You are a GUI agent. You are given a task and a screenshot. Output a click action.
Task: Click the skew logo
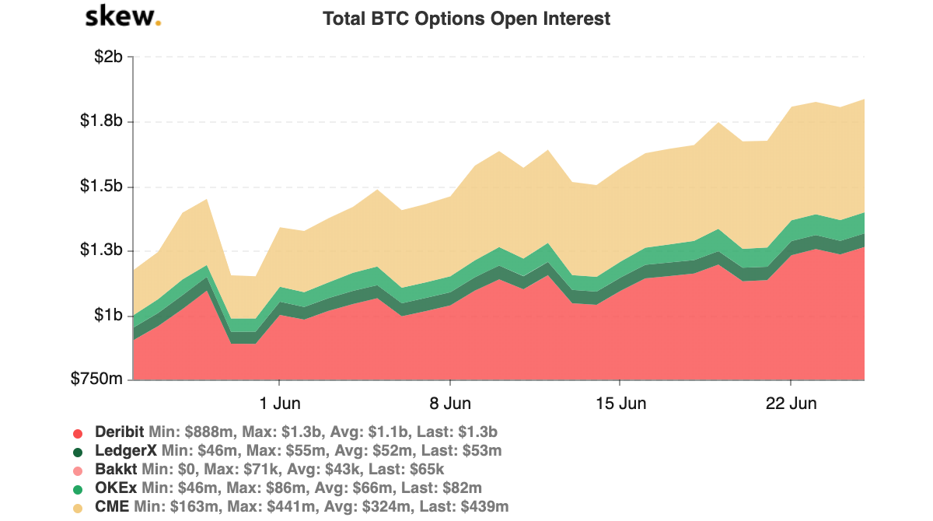tap(123, 16)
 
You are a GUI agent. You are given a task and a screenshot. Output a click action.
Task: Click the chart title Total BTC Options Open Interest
tap(466, 19)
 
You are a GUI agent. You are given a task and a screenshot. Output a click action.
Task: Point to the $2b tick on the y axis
tap(108, 57)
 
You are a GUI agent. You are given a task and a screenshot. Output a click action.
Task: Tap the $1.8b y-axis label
tap(102, 121)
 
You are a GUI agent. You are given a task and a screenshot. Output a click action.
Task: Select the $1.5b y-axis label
tap(102, 187)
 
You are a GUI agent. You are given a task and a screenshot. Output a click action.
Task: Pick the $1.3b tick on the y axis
tap(102, 251)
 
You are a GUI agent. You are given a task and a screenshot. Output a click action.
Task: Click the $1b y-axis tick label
tap(108, 316)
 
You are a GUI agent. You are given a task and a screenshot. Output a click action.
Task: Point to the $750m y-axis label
tap(98, 380)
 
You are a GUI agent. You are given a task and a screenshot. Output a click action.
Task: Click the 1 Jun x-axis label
tap(279, 404)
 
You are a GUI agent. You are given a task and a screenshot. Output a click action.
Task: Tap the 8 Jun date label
tap(450, 404)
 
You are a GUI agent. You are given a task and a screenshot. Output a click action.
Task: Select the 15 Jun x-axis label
tap(620, 404)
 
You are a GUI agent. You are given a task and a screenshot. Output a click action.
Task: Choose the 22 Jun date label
tap(791, 404)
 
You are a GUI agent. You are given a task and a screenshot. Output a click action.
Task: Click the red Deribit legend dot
tap(78, 433)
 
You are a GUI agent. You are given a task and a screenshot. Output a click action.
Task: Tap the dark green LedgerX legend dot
tap(78, 452)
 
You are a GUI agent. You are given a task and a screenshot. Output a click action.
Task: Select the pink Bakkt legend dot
tap(78, 470)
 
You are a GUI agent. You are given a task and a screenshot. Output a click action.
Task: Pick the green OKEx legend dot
tap(78, 489)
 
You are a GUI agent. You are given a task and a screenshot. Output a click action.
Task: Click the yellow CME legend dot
tap(78, 508)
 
